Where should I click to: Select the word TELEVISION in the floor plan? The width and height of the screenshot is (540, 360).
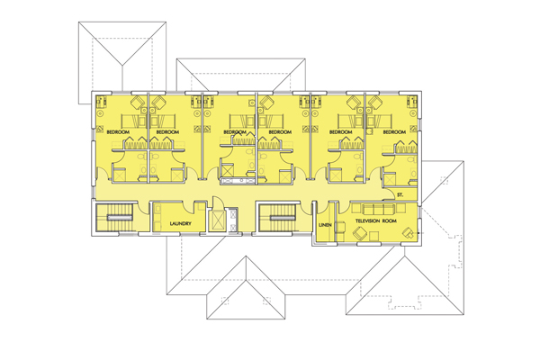click(x=364, y=220)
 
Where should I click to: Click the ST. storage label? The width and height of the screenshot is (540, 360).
click(x=399, y=195)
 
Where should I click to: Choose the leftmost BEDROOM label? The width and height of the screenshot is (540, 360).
click(x=118, y=133)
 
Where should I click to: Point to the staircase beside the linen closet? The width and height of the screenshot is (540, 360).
click(x=278, y=218)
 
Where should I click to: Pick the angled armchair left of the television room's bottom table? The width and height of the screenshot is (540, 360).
click(x=359, y=233)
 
